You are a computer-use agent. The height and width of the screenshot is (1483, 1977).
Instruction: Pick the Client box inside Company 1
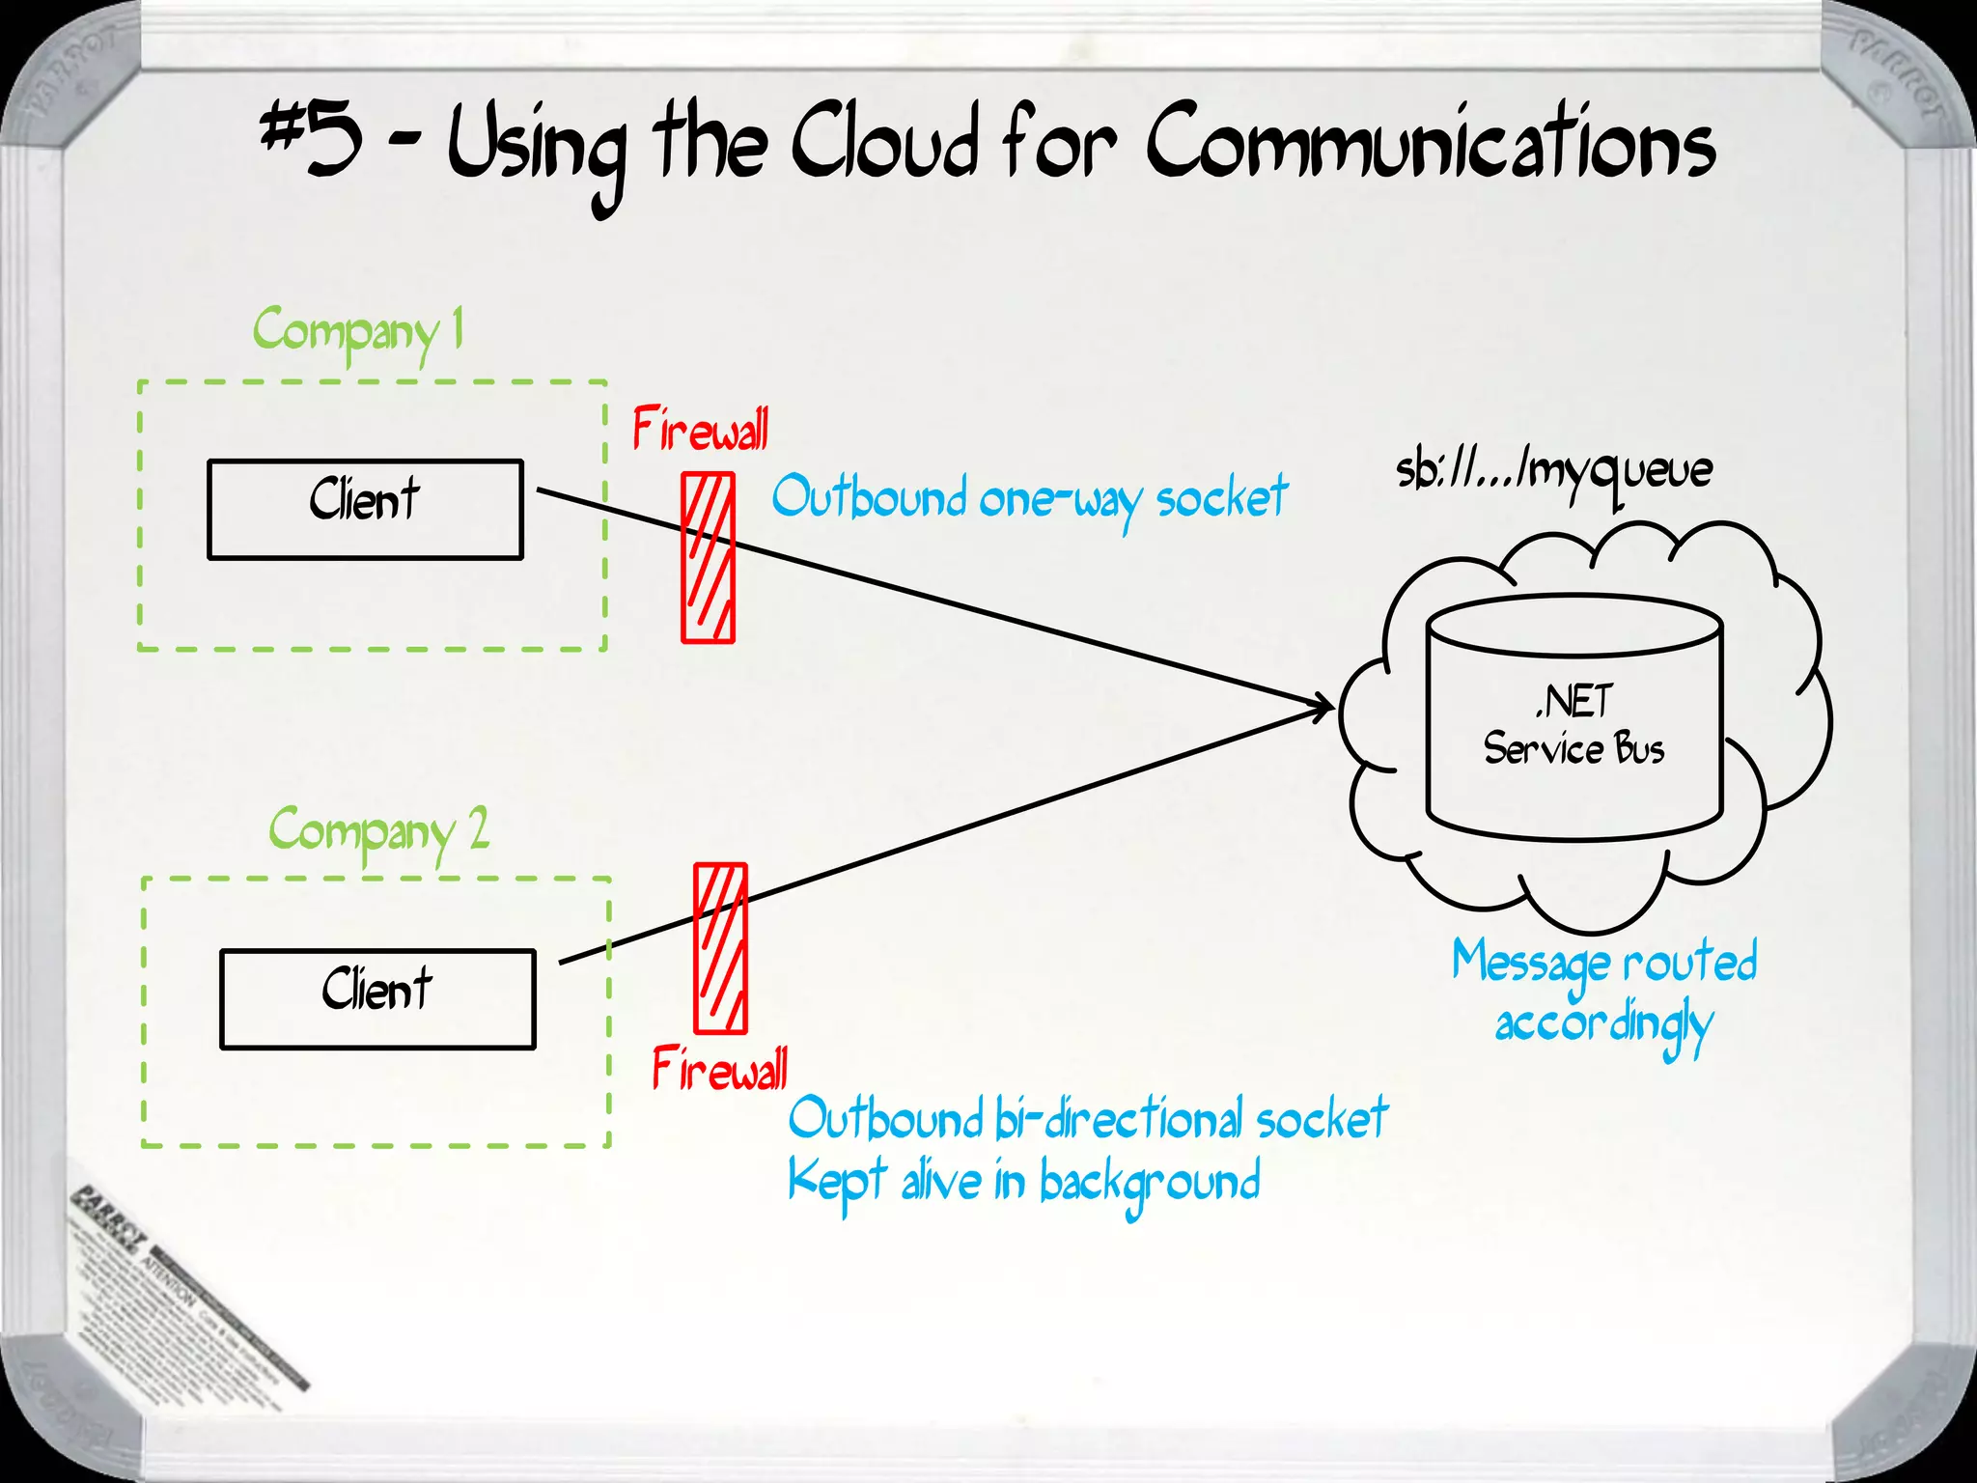click(x=365, y=509)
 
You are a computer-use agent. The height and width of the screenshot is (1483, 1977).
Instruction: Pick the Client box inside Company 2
click(x=377, y=998)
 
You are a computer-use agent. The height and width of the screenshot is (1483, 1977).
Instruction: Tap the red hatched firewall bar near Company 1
click(x=708, y=557)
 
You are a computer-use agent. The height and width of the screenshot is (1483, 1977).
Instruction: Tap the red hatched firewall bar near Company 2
click(x=720, y=948)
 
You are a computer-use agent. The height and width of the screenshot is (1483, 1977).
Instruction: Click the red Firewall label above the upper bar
click(x=701, y=430)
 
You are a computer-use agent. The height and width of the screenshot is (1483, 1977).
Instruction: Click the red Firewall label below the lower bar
click(x=719, y=1069)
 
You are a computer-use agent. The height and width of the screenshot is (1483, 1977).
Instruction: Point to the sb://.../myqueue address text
click(x=1554, y=472)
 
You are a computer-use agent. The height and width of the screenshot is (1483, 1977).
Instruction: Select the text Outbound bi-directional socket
click(x=1088, y=1119)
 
